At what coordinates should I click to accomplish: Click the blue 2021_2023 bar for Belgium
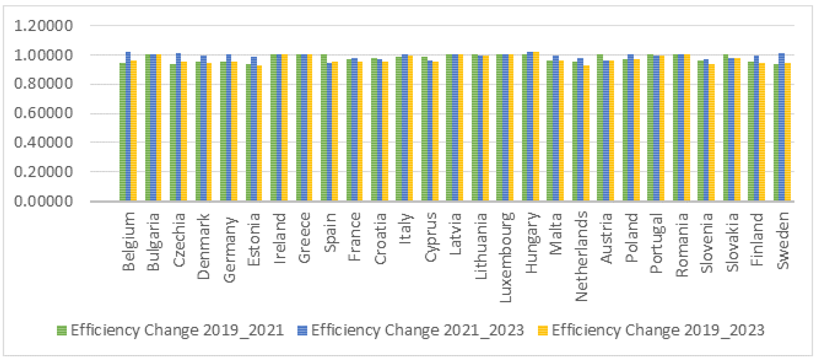click(x=128, y=127)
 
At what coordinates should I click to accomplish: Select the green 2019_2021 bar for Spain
click(x=324, y=127)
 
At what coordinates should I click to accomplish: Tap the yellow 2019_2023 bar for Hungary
click(x=536, y=127)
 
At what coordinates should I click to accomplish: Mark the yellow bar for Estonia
click(x=259, y=133)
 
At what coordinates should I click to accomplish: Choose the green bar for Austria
click(x=600, y=127)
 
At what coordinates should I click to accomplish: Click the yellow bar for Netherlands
click(x=586, y=133)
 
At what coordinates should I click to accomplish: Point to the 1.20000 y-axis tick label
click(x=44, y=26)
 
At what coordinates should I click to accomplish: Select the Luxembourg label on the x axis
click(x=506, y=257)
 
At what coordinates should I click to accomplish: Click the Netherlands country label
click(x=581, y=256)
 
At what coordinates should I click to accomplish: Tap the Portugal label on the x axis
click(x=656, y=243)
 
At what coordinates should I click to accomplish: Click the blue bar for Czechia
click(x=179, y=127)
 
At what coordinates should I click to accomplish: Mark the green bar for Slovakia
click(x=726, y=127)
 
